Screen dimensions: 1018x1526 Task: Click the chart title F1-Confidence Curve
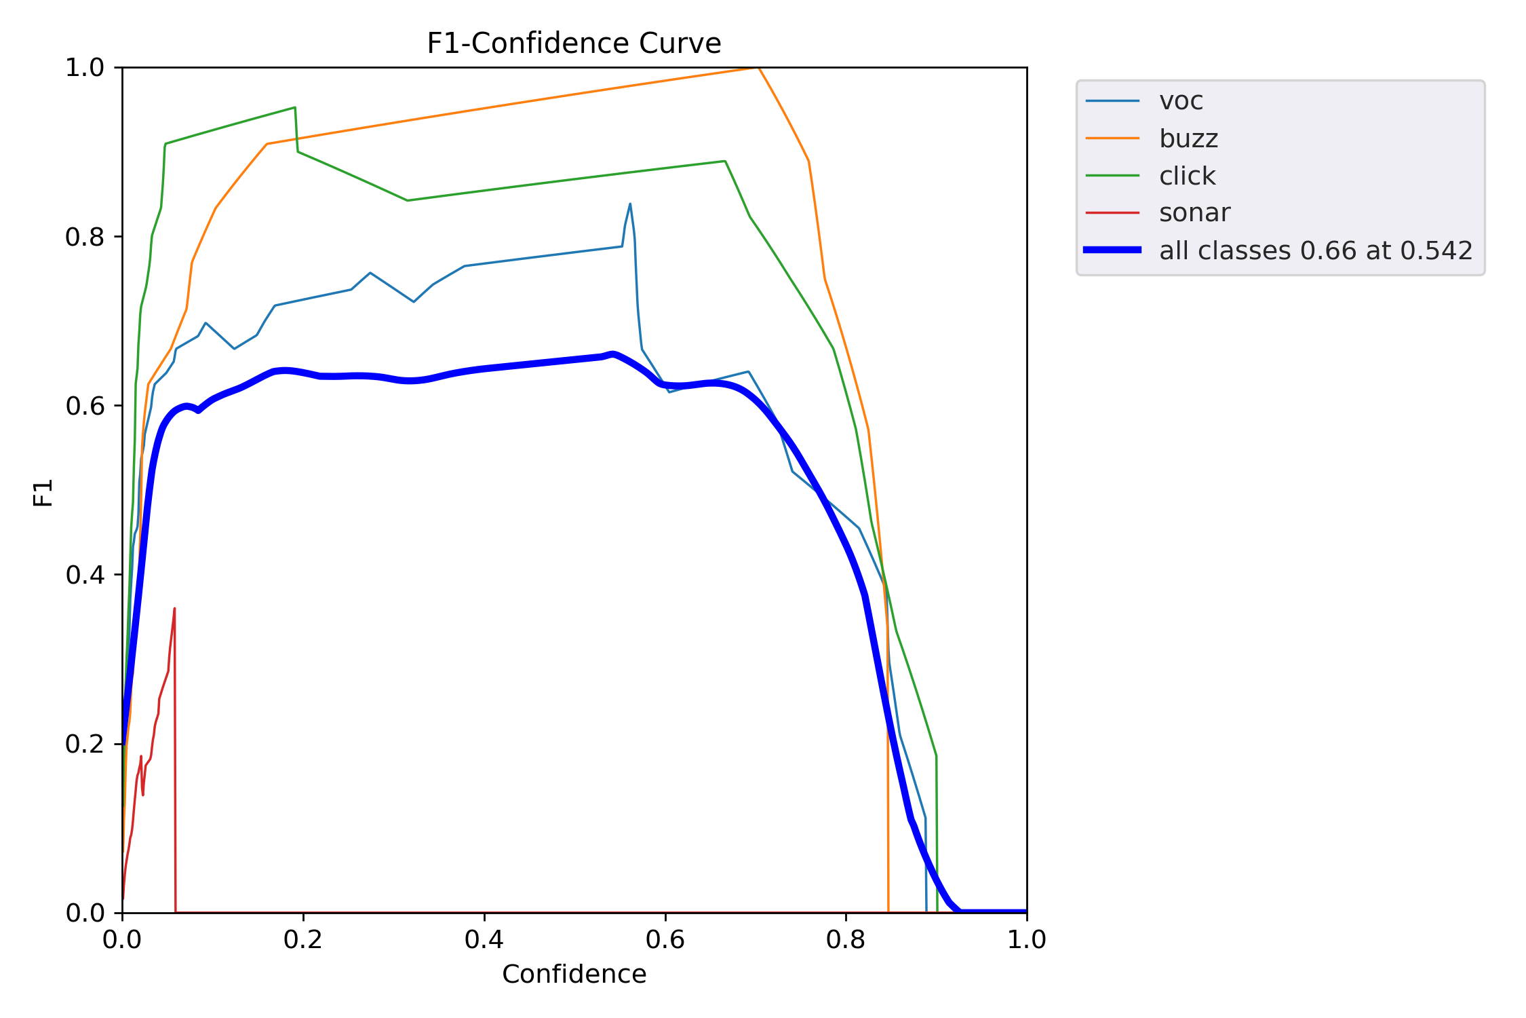point(574,43)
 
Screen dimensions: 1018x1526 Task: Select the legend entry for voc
point(1181,101)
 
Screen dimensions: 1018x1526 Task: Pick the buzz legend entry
point(1188,138)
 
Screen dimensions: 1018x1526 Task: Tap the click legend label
point(1187,176)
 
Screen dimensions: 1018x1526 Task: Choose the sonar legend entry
point(1194,213)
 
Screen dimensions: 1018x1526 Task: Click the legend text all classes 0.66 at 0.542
point(1316,250)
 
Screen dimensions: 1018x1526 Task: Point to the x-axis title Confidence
point(574,974)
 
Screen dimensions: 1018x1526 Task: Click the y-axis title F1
point(43,493)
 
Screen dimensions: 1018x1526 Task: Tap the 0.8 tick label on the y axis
point(85,237)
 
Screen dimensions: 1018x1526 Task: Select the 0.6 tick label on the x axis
point(665,939)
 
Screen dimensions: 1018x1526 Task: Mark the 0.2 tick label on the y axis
point(85,744)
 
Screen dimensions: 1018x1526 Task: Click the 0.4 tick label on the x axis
point(484,939)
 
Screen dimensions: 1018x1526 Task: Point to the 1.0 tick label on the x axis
point(1026,939)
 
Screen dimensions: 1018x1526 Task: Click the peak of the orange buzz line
point(758,68)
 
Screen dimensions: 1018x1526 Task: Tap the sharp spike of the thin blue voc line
point(630,204)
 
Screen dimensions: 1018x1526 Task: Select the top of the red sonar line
point(174,609)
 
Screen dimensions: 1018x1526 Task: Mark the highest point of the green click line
point(294,107)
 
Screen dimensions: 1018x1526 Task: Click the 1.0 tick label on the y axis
point(85,68)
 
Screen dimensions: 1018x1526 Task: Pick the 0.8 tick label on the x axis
point(846,939)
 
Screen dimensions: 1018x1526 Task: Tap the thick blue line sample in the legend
point(1112,250)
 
